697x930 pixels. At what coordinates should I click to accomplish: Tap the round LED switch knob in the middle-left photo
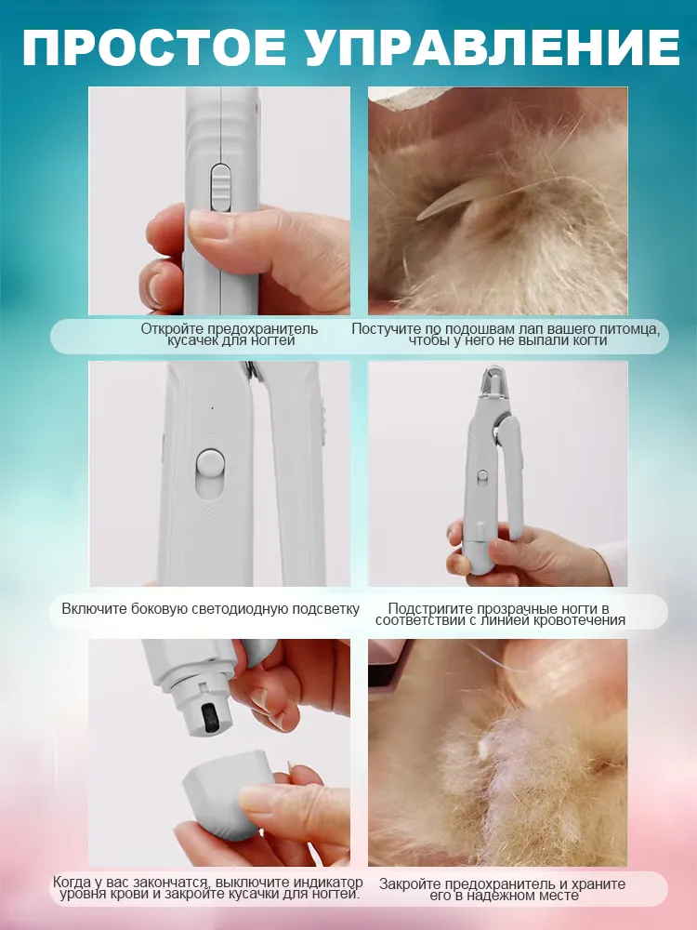click(x=208, y=461)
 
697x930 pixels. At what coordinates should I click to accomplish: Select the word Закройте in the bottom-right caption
click(x=410, y=884)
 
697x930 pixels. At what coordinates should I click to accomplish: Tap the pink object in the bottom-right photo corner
click(x=388, y=666)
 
